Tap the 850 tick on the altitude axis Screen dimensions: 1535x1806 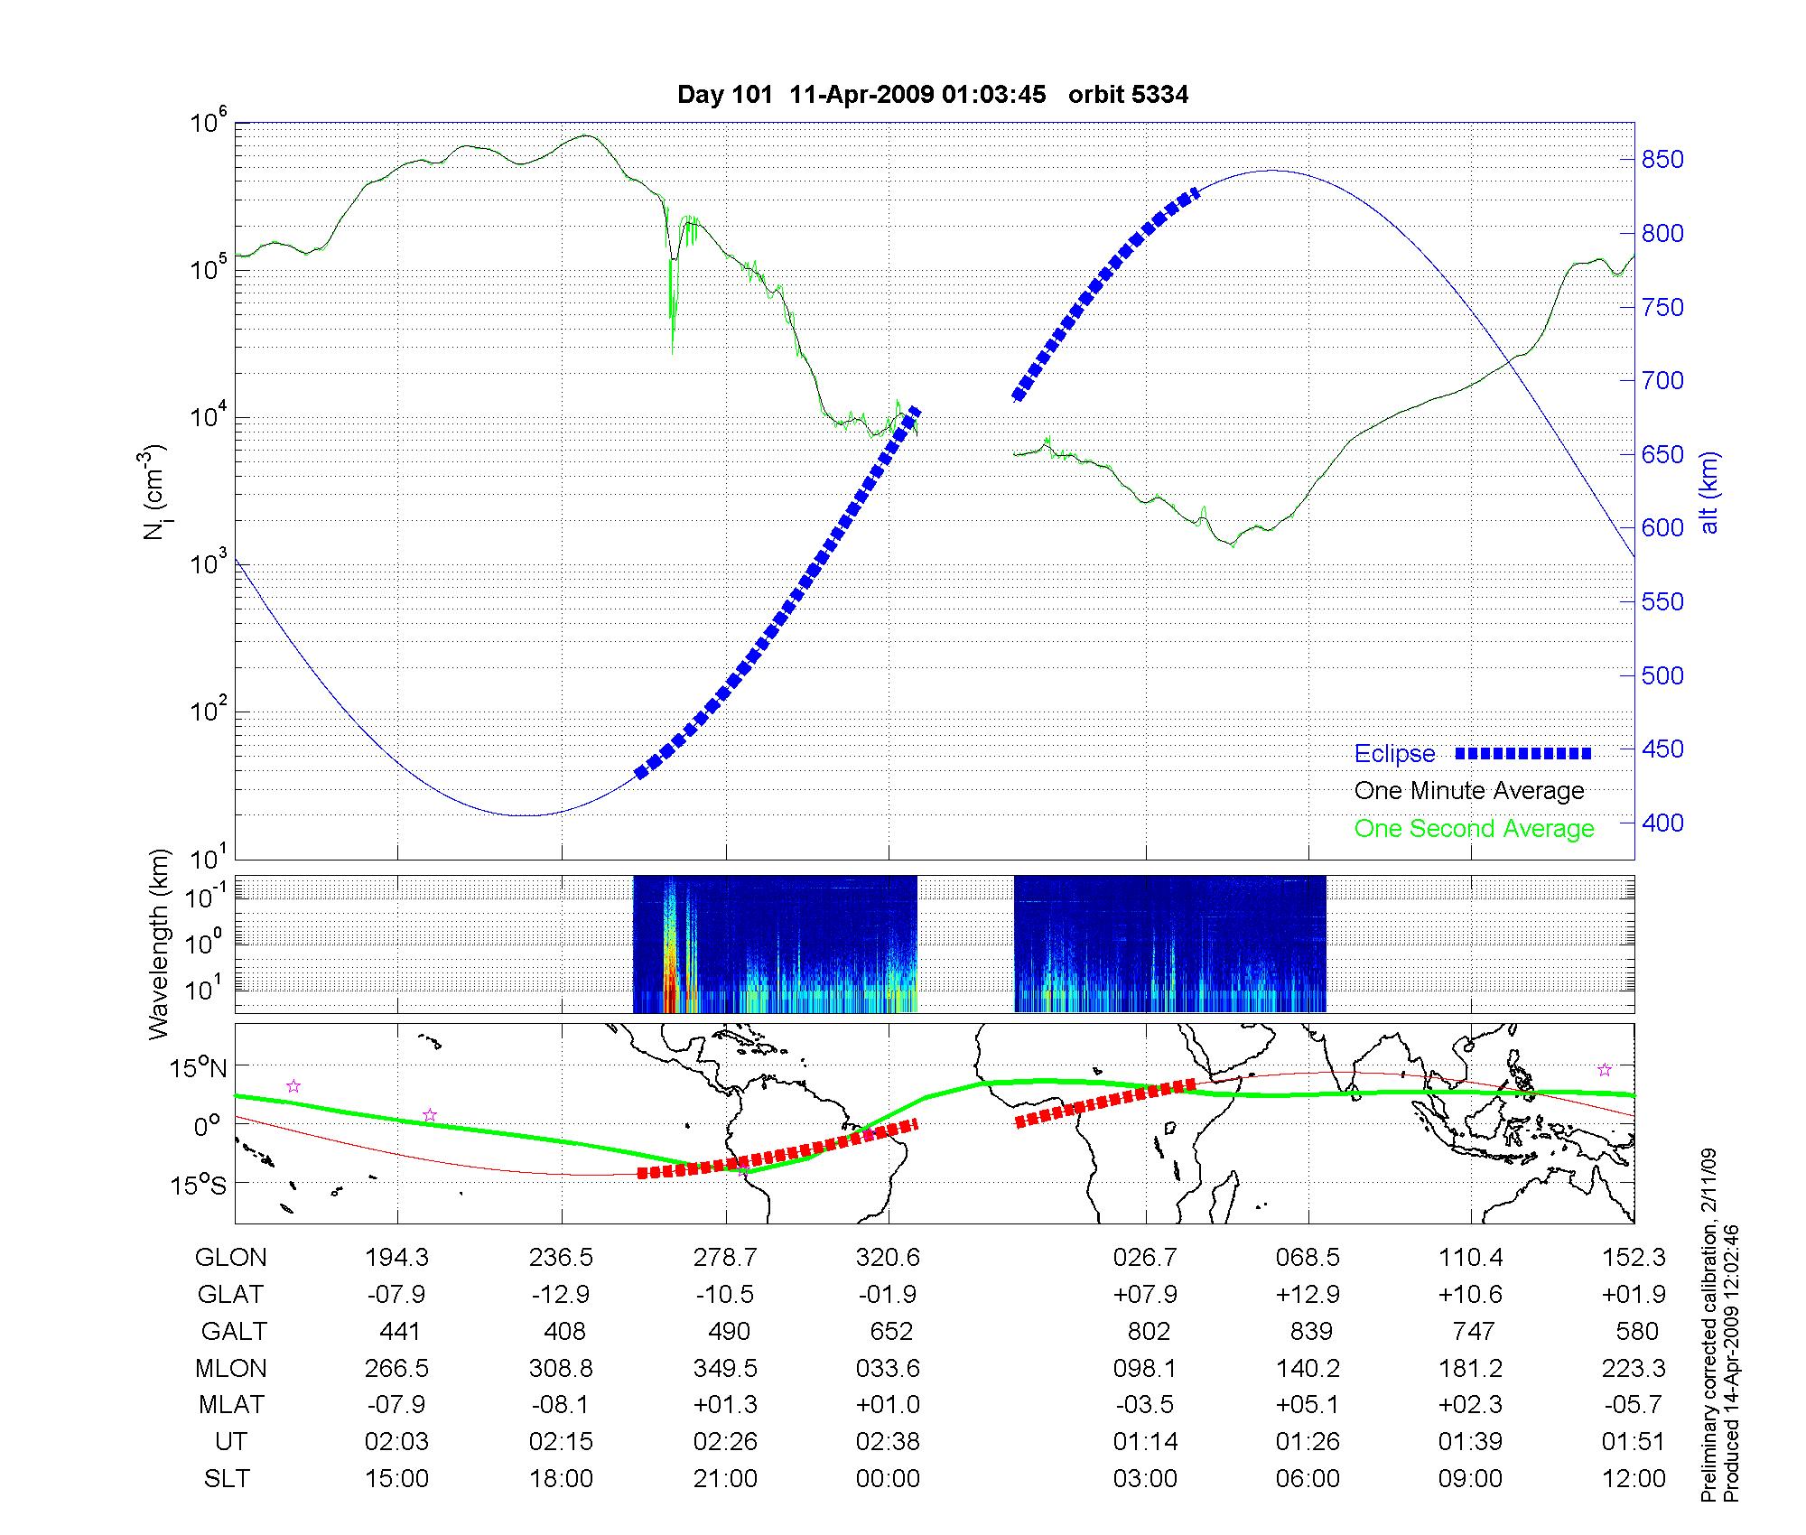tap(1662, 160)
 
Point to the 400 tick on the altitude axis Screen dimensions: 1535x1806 tap(1662, 823)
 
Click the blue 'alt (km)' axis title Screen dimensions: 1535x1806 tap(1709, 492)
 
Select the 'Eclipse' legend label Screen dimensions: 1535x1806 tap(1394, 754)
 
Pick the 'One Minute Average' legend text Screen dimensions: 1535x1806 tap(1469, 791)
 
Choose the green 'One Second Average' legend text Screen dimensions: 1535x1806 tap(1474, 829)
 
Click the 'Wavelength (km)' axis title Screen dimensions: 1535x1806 tap(159, 944)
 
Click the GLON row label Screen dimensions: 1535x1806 tap(231, 1258)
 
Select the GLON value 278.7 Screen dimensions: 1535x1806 tap(725, 1258)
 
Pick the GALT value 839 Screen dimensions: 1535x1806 tap(1311, 1332)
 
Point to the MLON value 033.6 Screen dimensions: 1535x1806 tap(889, 1369)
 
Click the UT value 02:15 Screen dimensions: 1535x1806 tap(561, 1442)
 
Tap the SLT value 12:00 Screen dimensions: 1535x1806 tap(1634, 1479)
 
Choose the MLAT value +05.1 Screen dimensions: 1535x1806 tap(1308, 1405)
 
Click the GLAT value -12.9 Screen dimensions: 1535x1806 tap(561, 1295)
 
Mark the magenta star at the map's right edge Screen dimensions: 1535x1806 tap(1605, 1070)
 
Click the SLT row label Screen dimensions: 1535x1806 tap(227, 1479)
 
